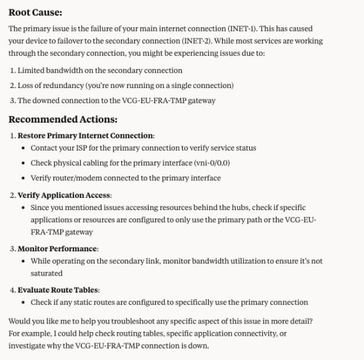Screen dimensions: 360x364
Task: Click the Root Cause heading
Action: (x=35, y=12)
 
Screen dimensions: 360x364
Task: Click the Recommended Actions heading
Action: (x=62, y=119)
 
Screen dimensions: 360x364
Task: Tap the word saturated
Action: (x=46, y=273)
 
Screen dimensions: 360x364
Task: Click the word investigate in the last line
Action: (x=27, y=345)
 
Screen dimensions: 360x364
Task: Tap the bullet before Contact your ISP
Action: (x=22, y=148)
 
